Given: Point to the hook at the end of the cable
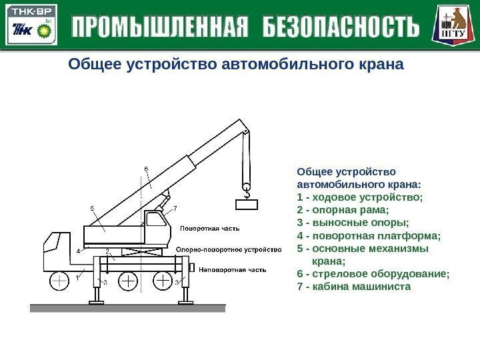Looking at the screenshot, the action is tap(246, 193).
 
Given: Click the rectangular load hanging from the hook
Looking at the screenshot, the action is tap(246, 205).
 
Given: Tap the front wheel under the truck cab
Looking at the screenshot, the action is tap(59, 282).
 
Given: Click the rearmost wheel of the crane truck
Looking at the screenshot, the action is tap(163, 282).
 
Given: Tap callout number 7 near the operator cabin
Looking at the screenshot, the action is tap(175, 209).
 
